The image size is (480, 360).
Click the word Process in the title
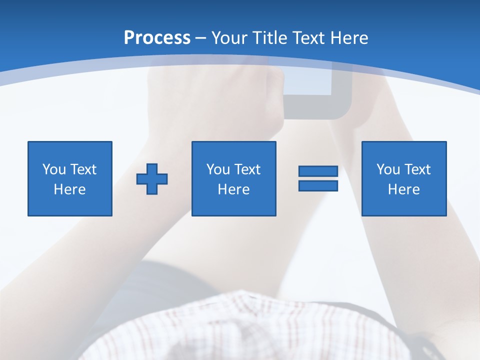[157, 38]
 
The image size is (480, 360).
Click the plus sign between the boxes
[152, 178]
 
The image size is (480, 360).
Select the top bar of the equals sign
[318, 171]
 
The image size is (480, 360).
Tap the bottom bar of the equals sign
[318, 185]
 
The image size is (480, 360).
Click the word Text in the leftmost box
[83, 169]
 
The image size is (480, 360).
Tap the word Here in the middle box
[233, 189]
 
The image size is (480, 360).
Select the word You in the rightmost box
[388, 169]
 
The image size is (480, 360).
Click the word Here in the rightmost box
[403, 189]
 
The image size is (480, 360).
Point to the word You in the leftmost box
[54, 169]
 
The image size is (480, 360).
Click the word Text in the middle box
[247, 169]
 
